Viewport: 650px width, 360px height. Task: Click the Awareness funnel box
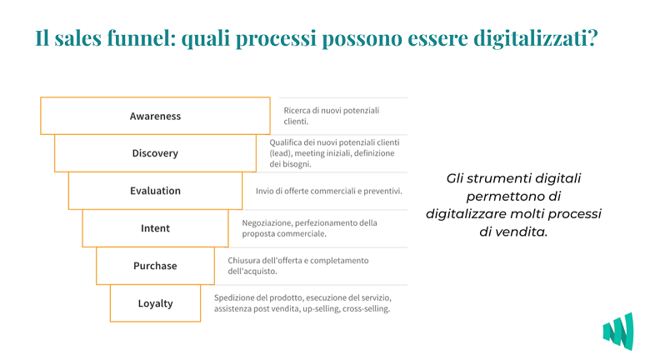pos(156,116)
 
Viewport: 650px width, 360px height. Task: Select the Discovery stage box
pos(156,153)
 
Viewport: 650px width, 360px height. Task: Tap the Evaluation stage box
pos(156,191)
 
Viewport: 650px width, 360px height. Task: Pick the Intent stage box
pos(156,228)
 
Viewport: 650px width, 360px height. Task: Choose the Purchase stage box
pos(156,266)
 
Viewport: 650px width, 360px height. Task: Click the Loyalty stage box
pos(156,303)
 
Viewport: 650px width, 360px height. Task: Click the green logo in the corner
pos(618,332)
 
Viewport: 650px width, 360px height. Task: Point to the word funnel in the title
pos(139,37)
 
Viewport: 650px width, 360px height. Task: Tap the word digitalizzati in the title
pos(535,38)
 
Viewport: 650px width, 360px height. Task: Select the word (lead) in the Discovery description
pos(281,153)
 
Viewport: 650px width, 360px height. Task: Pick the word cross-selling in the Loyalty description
pos(366,309)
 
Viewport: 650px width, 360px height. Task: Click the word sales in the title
pos(78,38)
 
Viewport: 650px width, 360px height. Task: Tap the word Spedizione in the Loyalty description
pos(233,298)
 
